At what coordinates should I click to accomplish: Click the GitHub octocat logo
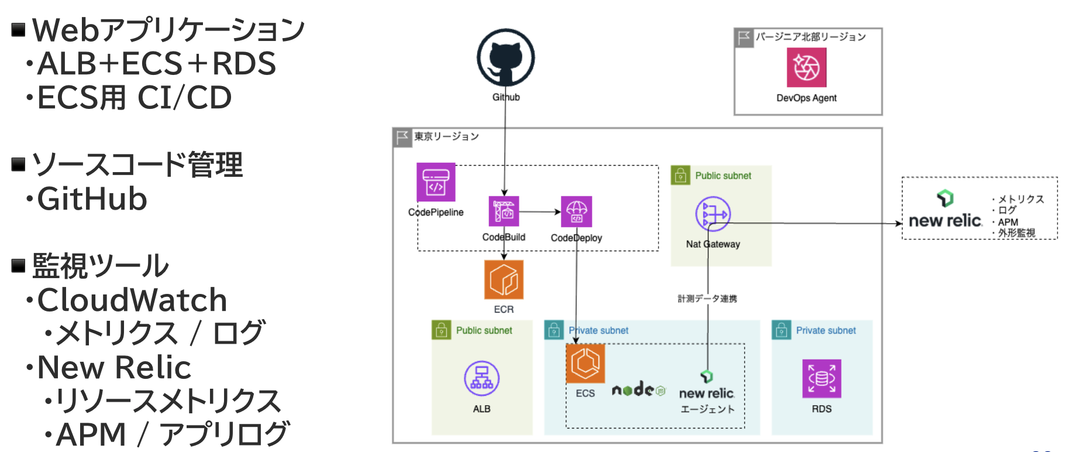(505, 58)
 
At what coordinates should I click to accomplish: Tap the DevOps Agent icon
(806, 67)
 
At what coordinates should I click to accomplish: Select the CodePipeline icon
(436, 182)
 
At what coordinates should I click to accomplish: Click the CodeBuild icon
(504, 211)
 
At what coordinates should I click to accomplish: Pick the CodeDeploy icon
(576, 211)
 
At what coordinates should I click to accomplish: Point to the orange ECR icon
(504, 280)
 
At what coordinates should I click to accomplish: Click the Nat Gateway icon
(712, 214)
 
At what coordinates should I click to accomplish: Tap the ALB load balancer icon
(481, 378)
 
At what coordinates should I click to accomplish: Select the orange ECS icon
(585, 364)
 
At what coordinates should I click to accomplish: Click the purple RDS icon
(821, 378)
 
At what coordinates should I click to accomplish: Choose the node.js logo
(638, 389)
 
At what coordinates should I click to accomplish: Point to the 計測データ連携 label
(707, 299)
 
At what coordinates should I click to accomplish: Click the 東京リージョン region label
(446, 136)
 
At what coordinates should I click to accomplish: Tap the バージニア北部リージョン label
(810, 37)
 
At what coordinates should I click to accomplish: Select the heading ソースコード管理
(137, 165)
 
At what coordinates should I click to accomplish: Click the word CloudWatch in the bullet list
(132, 300)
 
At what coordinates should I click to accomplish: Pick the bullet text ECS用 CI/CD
(135, 97)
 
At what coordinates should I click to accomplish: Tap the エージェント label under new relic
(707, 409)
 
